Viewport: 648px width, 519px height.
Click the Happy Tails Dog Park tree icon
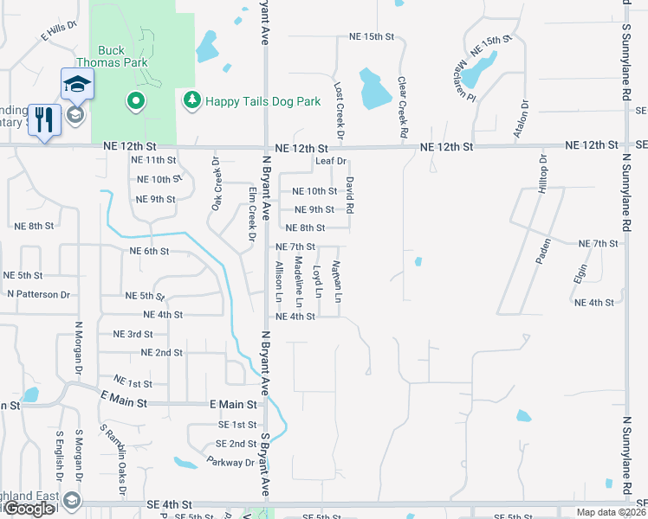pos(191,101)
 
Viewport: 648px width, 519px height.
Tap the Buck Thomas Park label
pos(123,56)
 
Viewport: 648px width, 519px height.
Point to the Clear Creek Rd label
pos(402,106)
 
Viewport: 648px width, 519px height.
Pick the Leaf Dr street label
pos(331,161)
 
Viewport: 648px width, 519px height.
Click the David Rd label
pos(350,195)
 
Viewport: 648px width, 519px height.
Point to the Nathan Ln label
pos(338,281)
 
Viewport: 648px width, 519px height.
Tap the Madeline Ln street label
pos(297,282)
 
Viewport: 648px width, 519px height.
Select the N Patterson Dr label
pos(38,294)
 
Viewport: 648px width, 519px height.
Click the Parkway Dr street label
pos(230,462)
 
